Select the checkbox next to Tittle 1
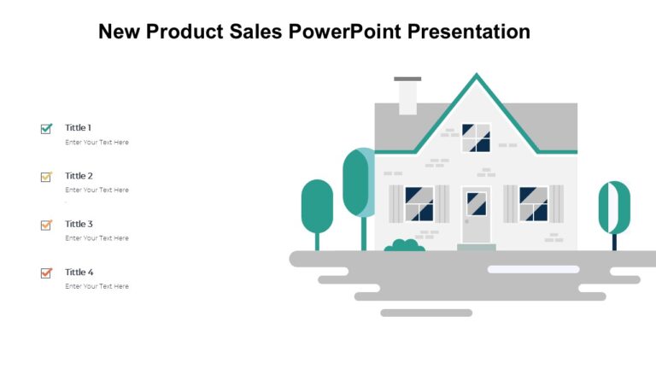click(x=46, y=129)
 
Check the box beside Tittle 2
click(x=46, y=177)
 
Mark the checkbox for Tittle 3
click(x=46, y=225)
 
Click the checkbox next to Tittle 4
click(x=46, y=273)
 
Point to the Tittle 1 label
click(x=79, y=127)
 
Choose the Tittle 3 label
click(x=79, y=224)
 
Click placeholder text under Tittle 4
click(x=97, y=286)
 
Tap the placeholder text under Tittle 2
click(x=97, y=190)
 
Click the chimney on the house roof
click(x=407, y=97)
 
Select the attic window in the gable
click(x=476, y=138)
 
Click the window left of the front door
click(x=419, y=204)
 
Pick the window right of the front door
click(x=533, y=204)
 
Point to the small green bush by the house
click(x=404, y=246)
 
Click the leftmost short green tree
click(x=317, y=207)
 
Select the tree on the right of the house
click(x=613, y=208)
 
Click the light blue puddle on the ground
click(x=533, y=269)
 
